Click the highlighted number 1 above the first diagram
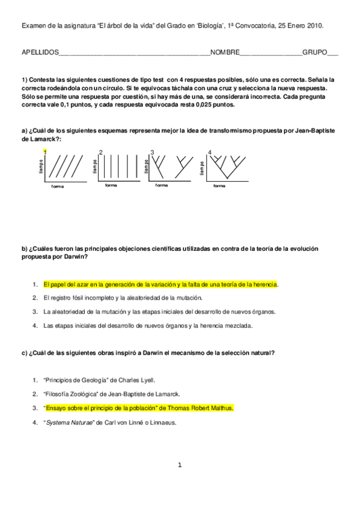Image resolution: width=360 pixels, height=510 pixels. (45, 152)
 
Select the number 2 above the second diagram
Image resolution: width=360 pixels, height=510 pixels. (100, 152)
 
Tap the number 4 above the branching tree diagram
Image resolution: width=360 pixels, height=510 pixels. (209, 152)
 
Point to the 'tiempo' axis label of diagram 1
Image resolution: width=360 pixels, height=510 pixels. (41, 166)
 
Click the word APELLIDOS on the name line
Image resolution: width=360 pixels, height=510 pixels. (40, 52)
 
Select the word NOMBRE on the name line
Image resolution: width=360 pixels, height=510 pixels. (225, 52)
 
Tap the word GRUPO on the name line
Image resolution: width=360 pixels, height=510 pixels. (314, 52)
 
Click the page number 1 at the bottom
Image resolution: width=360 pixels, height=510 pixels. (179, 464)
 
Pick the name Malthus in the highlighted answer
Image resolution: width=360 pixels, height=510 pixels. (220, 408)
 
